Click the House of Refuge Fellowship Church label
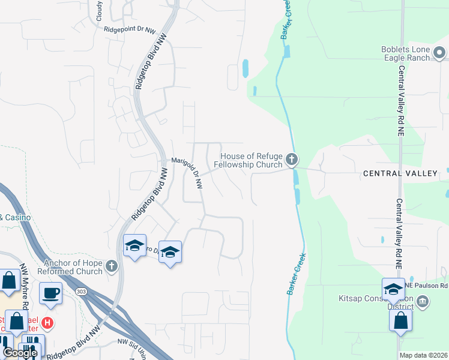pos(249,160)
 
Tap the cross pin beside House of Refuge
pos(292,159)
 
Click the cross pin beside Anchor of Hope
pos(110,266)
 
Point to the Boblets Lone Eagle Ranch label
pos(406,53)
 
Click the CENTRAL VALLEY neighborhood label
pos(400,173)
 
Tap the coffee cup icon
pos(50,293)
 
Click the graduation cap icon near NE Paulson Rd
pos(393,289)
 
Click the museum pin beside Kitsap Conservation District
pos(423,301)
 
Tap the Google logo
pos(19,353)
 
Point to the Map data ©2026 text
pos(423,355)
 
